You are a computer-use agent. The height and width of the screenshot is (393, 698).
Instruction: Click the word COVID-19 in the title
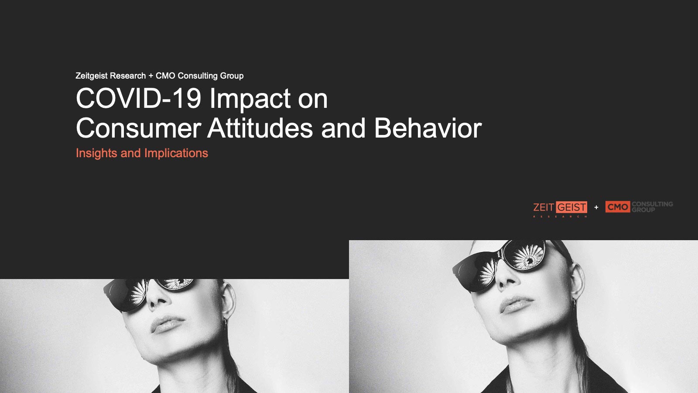[x=139, y=98]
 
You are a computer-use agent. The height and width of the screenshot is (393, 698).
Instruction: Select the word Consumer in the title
[x=139, y=128]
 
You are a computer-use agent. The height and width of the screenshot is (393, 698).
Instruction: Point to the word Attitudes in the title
[x=260, y=128]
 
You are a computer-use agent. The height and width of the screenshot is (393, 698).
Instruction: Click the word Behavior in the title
[x=428, y=128]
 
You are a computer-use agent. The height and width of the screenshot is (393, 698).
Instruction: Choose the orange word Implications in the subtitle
[x=176, y=153]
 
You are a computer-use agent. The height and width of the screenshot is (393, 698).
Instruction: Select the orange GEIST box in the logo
[x=571, y=207]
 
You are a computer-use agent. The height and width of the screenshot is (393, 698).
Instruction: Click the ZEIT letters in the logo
[x=544, y=207]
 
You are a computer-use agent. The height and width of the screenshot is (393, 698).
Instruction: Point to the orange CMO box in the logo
[x=618, y=207]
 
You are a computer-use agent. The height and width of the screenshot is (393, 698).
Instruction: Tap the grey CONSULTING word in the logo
[x=652, y=204]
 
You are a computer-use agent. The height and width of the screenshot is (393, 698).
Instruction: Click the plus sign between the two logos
[x=596, y=207]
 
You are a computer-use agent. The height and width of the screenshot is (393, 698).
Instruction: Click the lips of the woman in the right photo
[x=516, y=304]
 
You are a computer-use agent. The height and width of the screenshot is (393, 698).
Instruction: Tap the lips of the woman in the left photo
[x=167, y=324]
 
